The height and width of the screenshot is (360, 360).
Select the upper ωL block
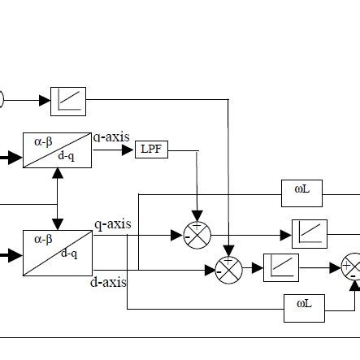click(302, 190)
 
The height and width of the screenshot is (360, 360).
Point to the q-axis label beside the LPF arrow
click(111, 137)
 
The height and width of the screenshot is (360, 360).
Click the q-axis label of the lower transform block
click(112, 224)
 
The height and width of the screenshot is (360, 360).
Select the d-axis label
click(109, 282)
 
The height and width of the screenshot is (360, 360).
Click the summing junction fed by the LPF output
click(196, 234)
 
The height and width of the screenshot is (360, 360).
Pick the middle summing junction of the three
click(229, 268)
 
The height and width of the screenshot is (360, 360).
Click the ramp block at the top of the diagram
click(68, 100)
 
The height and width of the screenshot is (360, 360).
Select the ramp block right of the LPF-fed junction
click(310, 234)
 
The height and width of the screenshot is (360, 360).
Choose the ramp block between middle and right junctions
click(281, 267)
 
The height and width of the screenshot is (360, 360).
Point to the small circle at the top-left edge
click(2, 100)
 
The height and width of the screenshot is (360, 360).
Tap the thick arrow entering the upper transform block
click(11, 158)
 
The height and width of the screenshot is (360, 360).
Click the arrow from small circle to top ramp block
click(28, 100)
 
